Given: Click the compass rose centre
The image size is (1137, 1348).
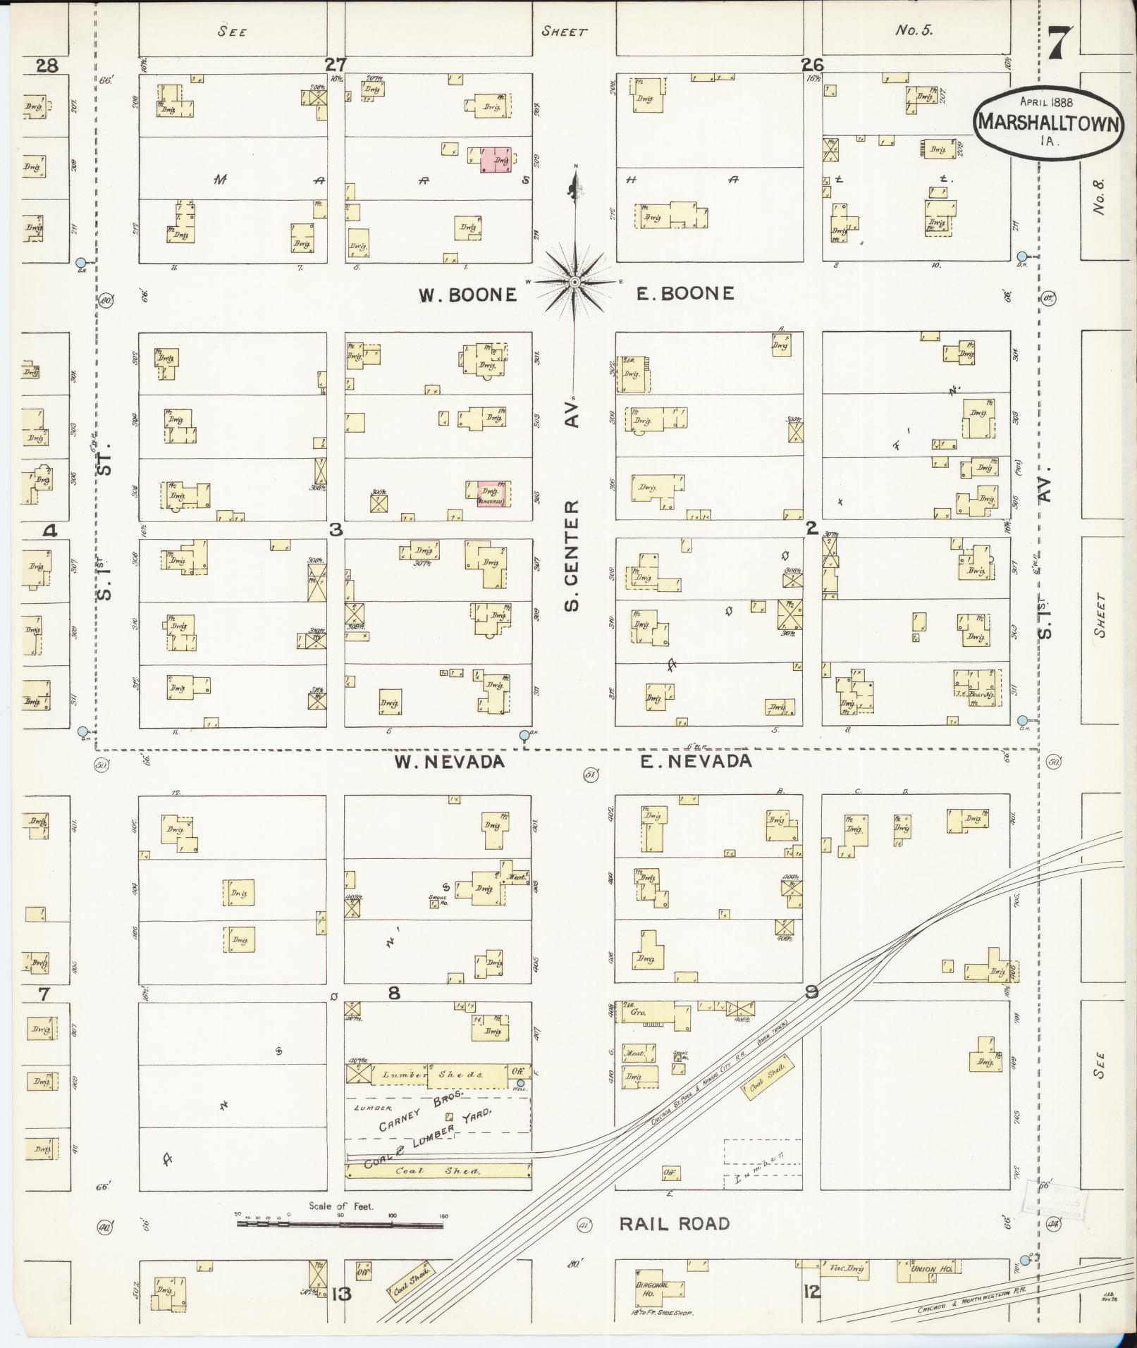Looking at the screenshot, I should (x=574, y=282).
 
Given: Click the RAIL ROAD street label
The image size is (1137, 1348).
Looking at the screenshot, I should (x=674, y=1223).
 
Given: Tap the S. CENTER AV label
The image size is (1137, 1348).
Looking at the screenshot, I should (x=573, y=507).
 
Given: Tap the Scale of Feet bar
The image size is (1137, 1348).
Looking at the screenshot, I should (x=340, y=1225).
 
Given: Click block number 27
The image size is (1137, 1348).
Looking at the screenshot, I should (x=336, y=65).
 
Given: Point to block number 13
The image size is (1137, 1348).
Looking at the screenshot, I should (x=341, y=1294).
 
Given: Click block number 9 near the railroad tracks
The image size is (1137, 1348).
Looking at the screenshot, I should (x=812, y=993).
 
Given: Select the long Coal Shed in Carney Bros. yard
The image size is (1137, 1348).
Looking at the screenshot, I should (x=438, y=1171).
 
